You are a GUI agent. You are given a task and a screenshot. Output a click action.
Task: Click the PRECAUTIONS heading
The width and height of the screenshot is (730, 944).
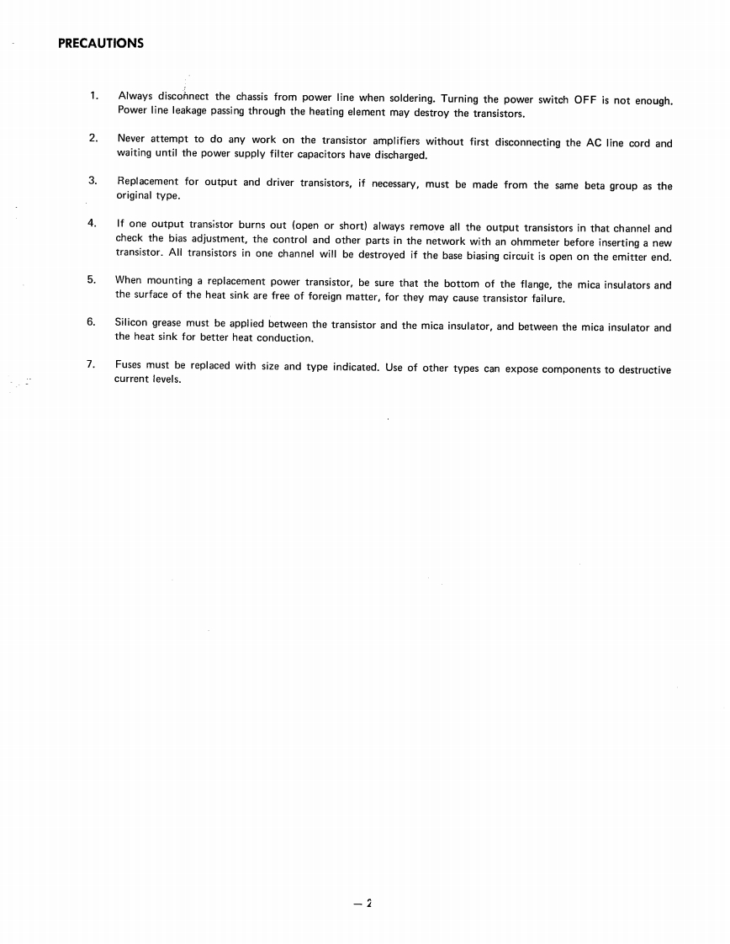click(101, 44)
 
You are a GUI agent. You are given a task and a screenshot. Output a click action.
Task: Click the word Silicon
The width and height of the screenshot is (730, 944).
click(131, 324)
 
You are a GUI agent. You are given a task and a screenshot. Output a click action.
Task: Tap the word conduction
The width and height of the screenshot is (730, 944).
click(285, 338)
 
